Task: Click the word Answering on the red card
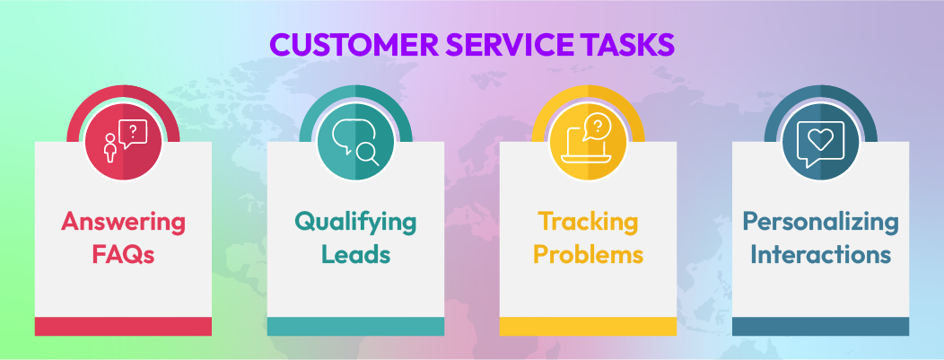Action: (123, 221)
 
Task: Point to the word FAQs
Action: (123, 254)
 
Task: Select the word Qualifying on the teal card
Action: (356, 221)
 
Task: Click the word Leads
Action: (356, 254)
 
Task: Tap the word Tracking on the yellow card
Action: (588, 221)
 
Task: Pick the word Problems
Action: (588, 254)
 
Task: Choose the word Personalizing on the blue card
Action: (821, 221)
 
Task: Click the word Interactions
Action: (821, 254)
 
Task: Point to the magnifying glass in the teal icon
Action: (367, 154)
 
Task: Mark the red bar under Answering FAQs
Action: (123, 326)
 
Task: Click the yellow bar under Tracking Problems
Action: (588, 326)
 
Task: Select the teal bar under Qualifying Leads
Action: (356, 326)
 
